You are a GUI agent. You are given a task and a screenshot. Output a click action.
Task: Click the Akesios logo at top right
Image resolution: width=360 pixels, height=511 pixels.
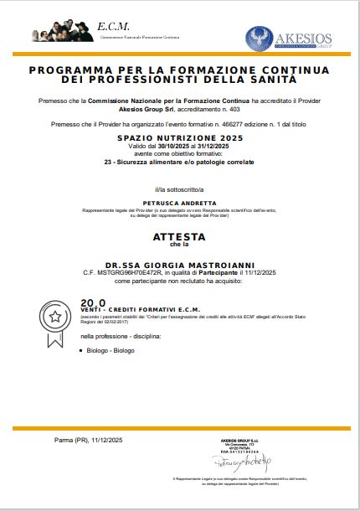click(289, 39)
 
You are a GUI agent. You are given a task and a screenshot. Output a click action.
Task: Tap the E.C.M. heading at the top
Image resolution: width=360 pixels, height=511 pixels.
click(113, 26)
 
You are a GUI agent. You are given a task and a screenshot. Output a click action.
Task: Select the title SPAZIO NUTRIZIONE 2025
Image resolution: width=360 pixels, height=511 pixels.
click(180, 137)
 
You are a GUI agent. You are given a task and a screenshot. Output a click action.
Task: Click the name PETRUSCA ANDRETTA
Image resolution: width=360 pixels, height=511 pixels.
click(179, 202)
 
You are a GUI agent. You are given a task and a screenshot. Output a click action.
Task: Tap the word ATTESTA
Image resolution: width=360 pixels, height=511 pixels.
click(179, 237)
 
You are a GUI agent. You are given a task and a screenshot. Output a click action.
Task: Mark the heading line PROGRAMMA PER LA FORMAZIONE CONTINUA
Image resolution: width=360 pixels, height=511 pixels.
click(180, 71)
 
